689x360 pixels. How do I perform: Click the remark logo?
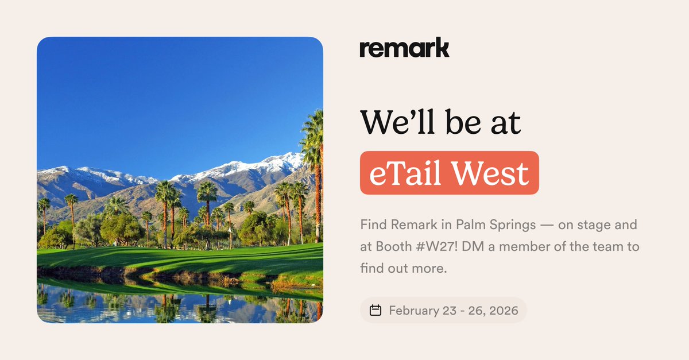pyautogui.click(x=404, y=48)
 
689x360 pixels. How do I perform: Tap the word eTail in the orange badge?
pyautogui.click(x=403, y=173)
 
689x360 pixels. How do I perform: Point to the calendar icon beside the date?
pyautogui.click(x=376, y=311)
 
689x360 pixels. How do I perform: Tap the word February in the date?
pyautogui.click(x=415, y=311)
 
